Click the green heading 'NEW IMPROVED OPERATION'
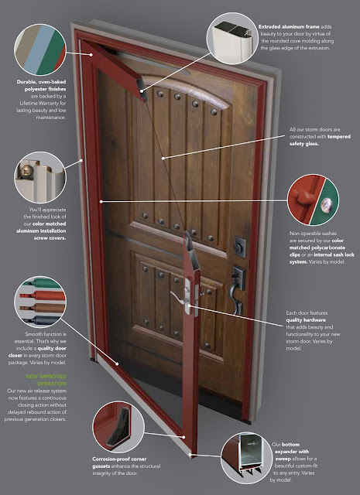pos(46,380)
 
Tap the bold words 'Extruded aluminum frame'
pos(289,27)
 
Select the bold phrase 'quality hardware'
pos(301,320)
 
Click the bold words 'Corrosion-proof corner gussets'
pos(119,463)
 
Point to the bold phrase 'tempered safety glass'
pos(319,140)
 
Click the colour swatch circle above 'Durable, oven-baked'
pos(40,49)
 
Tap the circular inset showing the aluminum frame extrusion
pos(232,39)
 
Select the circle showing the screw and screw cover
pos(40,177)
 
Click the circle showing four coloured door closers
pos(40,302)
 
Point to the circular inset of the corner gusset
pos(118,427)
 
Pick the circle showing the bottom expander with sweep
pos(246,458)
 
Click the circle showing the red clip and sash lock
pos(313,200)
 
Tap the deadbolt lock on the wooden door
pos(239,247)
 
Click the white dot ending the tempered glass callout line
pos(163,158)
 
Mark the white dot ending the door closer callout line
pos(117,364)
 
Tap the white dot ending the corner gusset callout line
pos(183,437)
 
